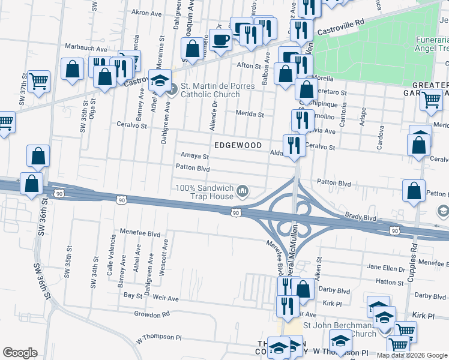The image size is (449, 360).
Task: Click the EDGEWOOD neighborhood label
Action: click(238, 145)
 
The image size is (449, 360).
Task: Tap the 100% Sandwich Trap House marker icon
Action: click(243, 191)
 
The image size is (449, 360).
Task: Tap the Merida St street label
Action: click(249, 114)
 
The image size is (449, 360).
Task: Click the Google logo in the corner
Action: click(20, 353)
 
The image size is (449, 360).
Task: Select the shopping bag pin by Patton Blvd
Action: click(414, 191)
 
